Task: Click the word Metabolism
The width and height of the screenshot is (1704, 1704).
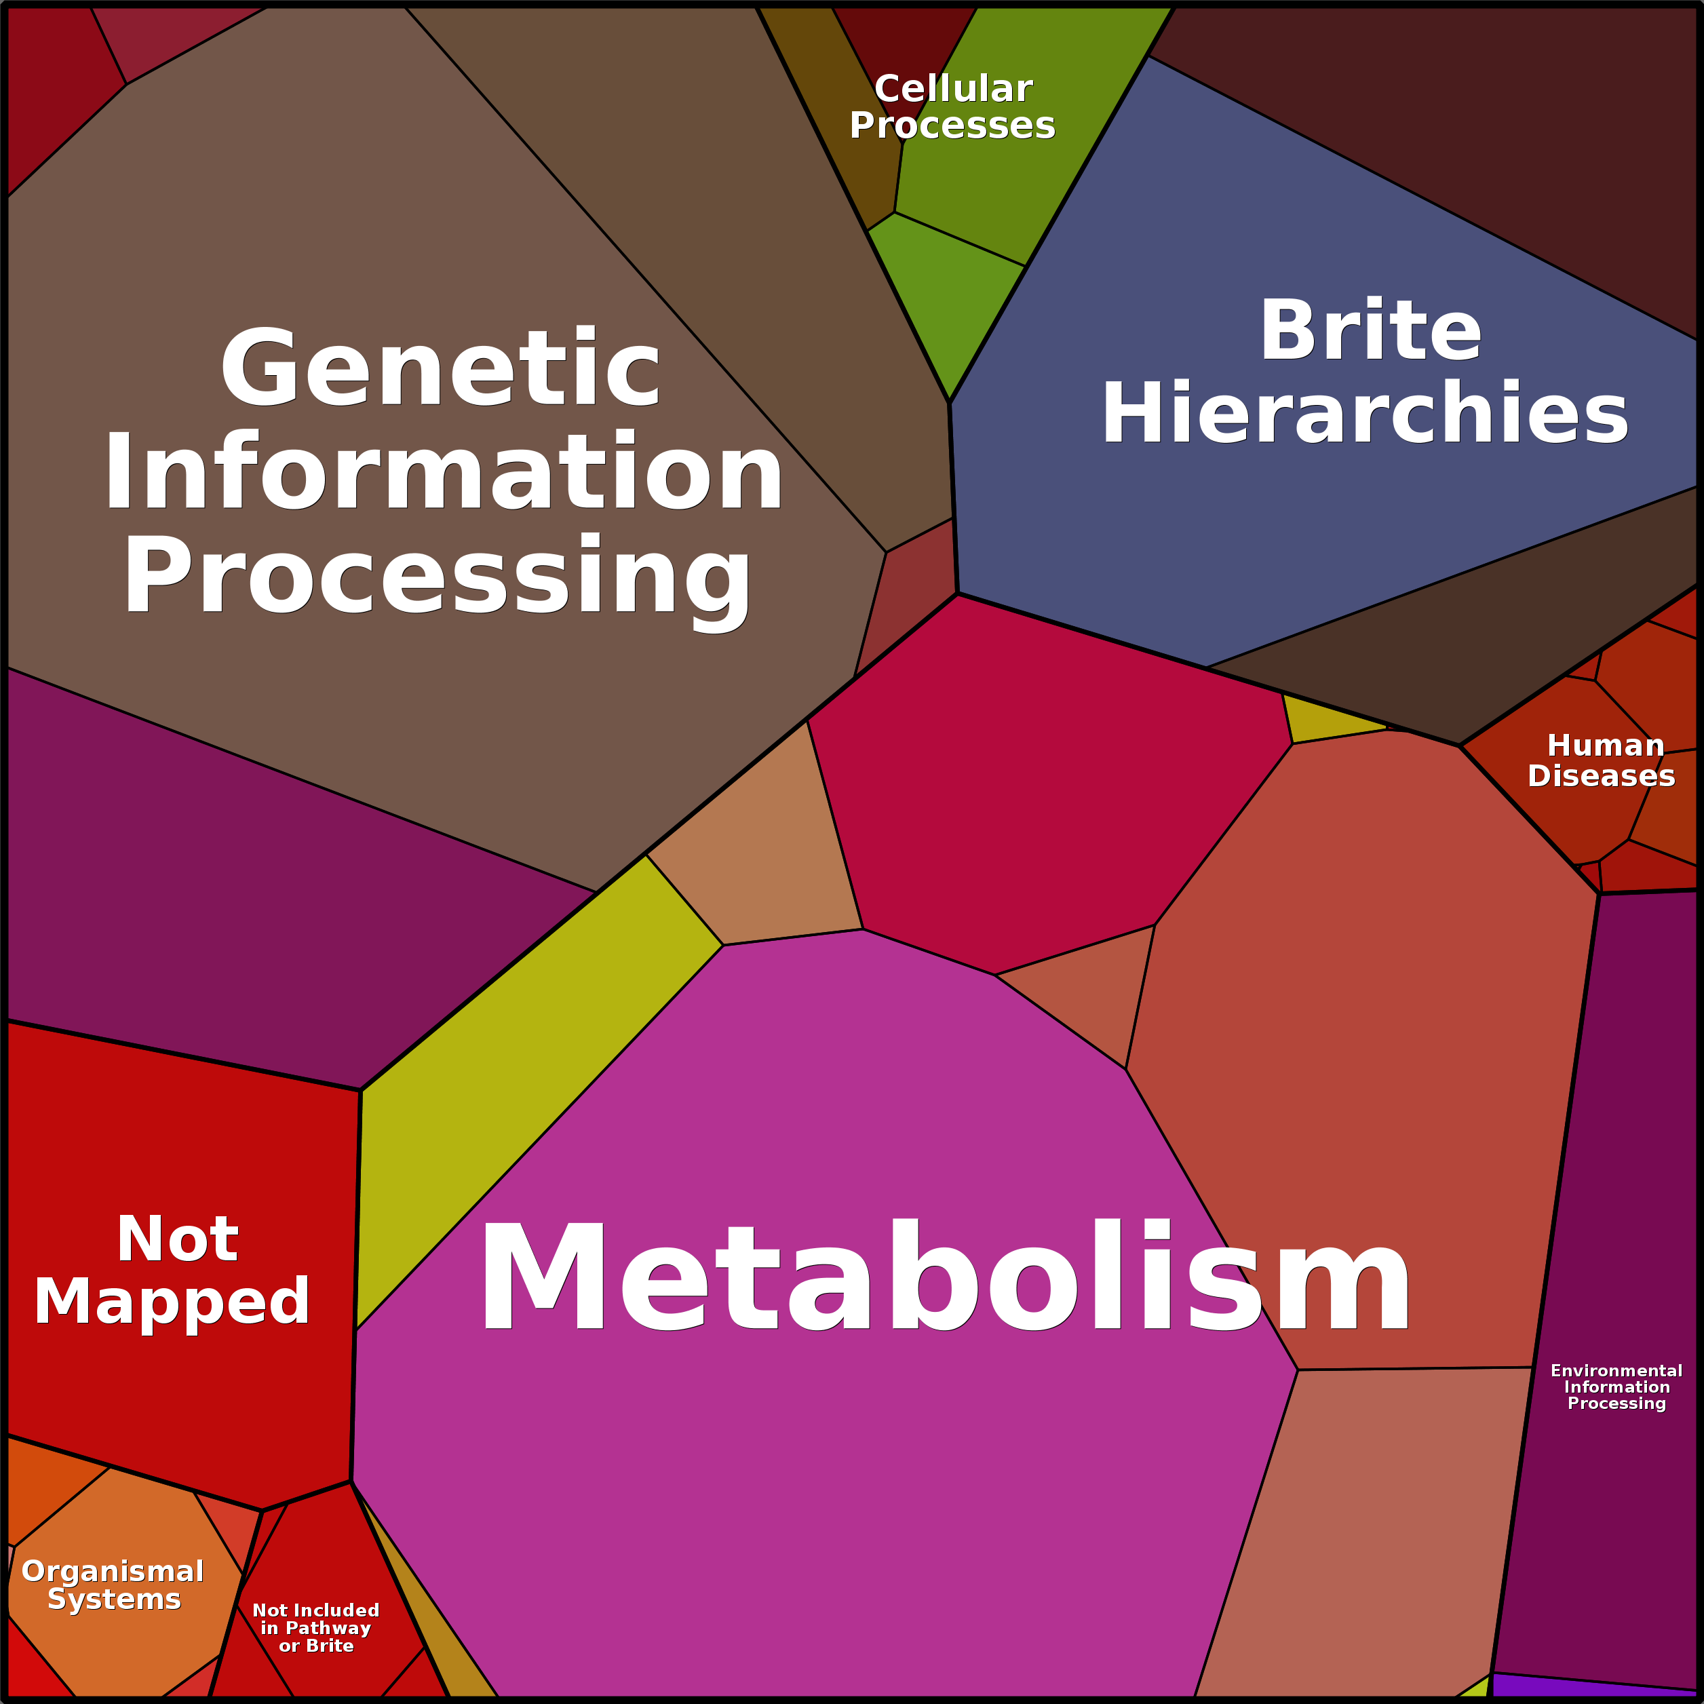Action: pos(944,1276)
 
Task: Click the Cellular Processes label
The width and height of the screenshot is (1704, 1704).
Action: pos(952,106)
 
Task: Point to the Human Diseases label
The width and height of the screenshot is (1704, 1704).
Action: pos(1601,760)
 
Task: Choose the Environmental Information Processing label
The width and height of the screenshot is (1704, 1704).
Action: pos(1616,1387)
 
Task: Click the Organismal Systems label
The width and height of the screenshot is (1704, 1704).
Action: pos(113,1585)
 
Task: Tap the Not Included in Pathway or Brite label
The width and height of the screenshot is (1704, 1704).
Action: pos(315,1628)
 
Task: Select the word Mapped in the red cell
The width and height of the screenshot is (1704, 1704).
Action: pos(172,1302)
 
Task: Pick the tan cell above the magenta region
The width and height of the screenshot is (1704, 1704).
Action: pos(750,847)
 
